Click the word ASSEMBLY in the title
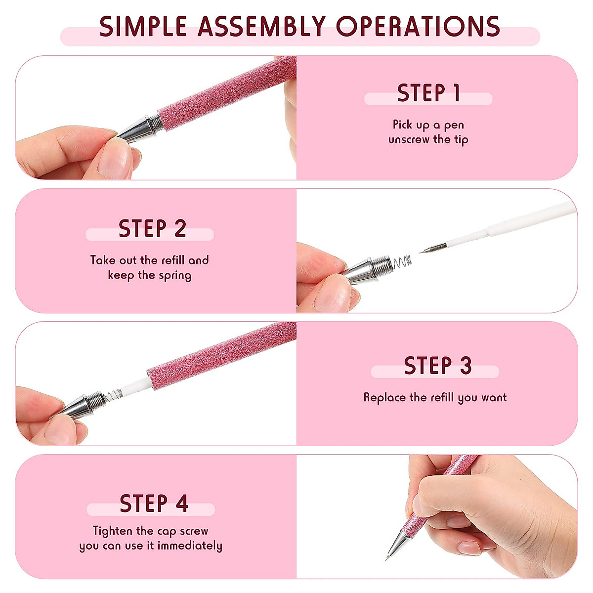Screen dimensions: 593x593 261,27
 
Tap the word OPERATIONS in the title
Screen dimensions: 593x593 418,27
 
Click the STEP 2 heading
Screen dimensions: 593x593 152,229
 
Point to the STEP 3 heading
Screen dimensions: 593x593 437,366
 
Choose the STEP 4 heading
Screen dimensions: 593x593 154,504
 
